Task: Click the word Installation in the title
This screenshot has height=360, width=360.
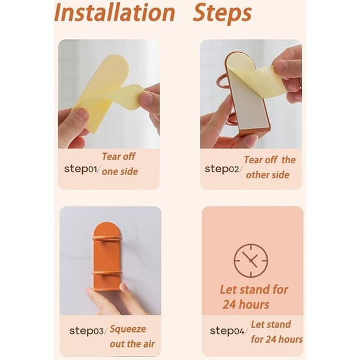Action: click(x=115, y=13)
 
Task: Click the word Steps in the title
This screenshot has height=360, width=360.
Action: click(x=222, y=14)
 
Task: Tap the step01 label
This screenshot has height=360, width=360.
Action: click(x=82, y=169)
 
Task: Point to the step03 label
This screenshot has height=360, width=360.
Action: click(x=88, y=331)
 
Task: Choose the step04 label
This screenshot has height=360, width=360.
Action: click(x=229, y=331)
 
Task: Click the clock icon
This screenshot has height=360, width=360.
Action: click(x=251, y=260)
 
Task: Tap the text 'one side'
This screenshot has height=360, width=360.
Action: click(x=120, y=172)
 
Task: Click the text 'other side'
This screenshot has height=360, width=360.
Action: click(x=268, y=175)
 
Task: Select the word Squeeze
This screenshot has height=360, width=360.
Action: click(x=128, y=329)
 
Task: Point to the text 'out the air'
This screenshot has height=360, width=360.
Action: click(x=132, y=344)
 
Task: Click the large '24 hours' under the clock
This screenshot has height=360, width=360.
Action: click(x=245, y=305)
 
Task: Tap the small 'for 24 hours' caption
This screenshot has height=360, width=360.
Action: click(x=277, y=340)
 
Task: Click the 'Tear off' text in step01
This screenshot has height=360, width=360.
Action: click(x=118, y=157)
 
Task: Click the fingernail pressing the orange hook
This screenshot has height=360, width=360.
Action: click(x=124, y=286)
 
